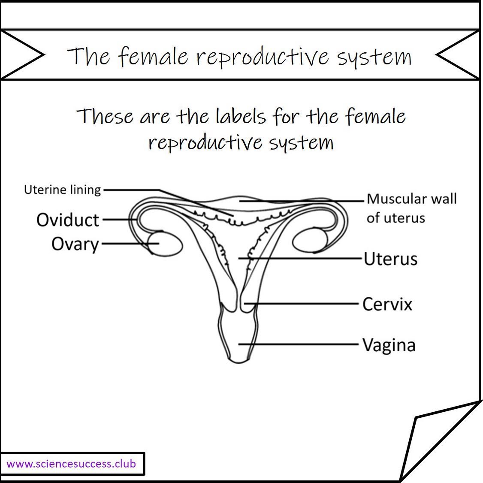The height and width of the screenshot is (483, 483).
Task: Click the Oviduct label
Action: pos(68,220)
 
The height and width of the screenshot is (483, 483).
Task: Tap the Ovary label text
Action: pos(75,244)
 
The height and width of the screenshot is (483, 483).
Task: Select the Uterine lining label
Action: pos(63,190)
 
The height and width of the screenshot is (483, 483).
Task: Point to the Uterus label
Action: pos(391,259)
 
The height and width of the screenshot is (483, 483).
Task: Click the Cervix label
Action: pos(387,304)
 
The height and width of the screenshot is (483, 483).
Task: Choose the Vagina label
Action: pos(389,345)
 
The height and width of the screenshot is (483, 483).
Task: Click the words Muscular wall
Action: pos(412,199)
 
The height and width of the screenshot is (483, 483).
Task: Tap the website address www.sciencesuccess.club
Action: pos(71,464)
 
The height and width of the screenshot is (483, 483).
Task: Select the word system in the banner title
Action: pos(374,57)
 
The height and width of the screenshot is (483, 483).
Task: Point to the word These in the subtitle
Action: pos(105,116)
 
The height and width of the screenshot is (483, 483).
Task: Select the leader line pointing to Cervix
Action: pos(301,304)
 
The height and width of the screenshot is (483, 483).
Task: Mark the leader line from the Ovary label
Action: pos(130,243)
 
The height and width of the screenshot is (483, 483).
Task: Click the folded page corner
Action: pos(441,441)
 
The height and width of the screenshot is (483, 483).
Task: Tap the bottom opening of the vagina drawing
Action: pos(239,361)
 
